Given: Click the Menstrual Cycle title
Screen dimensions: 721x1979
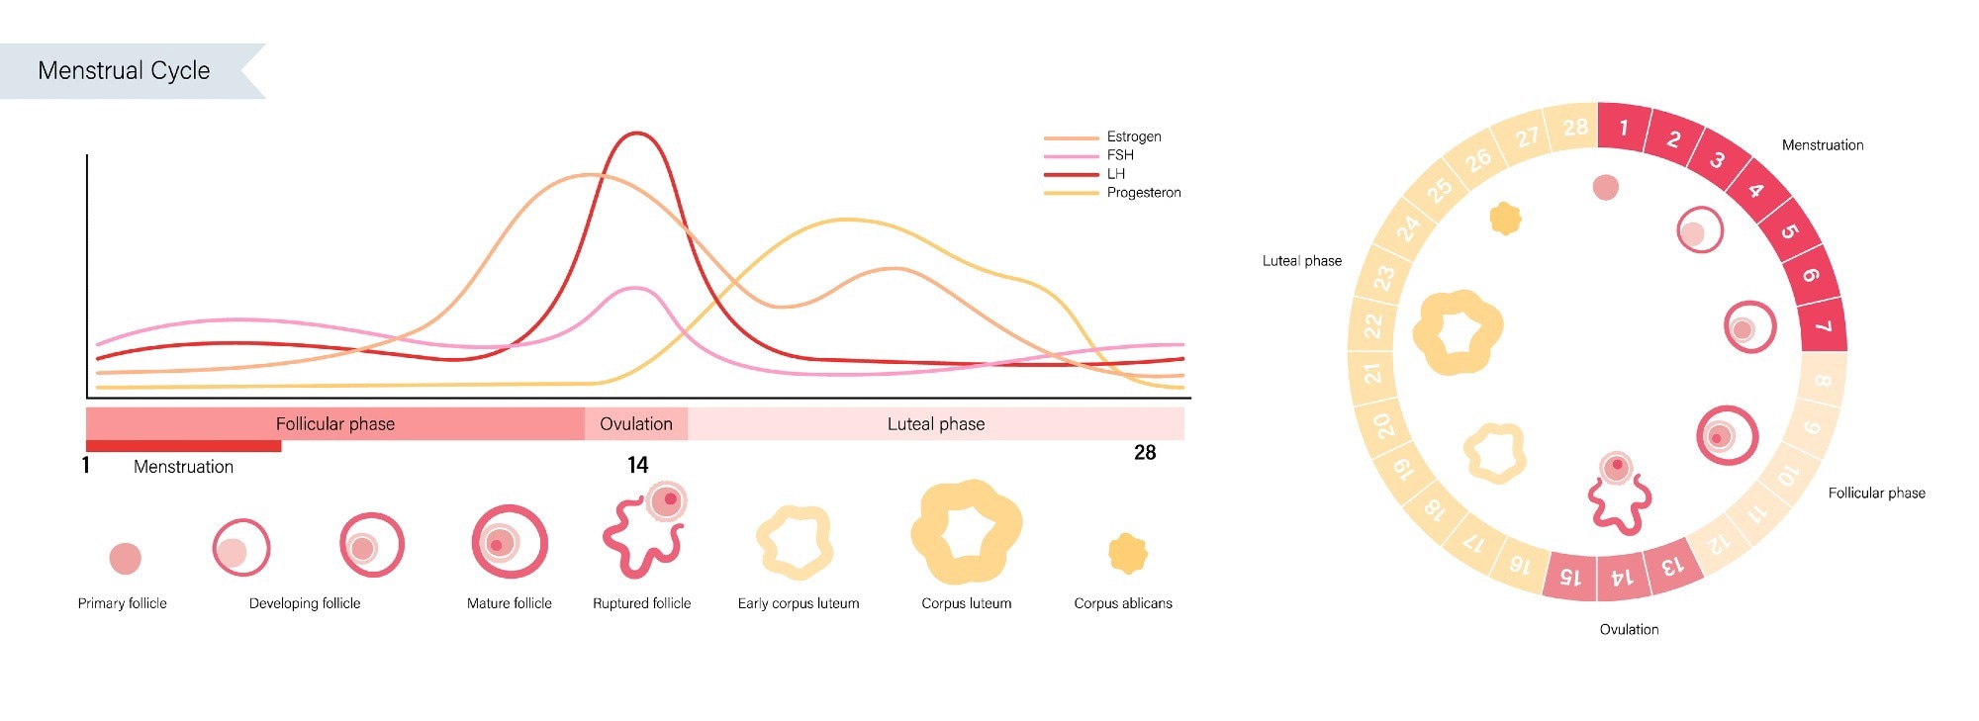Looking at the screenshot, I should [x=124, y=71].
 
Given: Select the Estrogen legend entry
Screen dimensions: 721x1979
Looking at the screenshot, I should [x=1133, y=136].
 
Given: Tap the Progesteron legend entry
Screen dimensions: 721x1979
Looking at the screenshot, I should [x=1143, y=193].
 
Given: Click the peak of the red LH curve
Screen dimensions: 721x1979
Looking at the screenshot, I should [x=636, y=134].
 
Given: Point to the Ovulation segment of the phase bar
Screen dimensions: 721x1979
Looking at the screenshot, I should [x=636, y=424].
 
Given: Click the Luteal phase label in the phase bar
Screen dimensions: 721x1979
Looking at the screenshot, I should [x=935, y=424].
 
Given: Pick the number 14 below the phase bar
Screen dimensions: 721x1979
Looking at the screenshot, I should [x=638, y=465].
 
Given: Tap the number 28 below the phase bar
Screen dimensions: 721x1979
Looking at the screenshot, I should [x=1145, y=453].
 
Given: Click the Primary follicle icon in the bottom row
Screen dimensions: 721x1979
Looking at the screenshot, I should [x=125, y=558].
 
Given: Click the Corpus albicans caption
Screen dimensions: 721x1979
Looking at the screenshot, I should [x=1123, y=603].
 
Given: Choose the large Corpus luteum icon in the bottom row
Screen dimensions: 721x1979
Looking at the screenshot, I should [x=966, y=532].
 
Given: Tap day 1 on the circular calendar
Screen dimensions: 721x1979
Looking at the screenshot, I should [x=1623, y=128].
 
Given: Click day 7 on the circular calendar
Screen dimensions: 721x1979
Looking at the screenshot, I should [x=1823, y=327].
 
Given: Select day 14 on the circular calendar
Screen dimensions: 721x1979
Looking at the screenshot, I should [x=1622, y=577].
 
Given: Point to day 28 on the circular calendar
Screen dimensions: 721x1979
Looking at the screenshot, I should [x=1575, y=128].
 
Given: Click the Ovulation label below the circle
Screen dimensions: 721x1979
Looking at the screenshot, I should [x=1629, y=629].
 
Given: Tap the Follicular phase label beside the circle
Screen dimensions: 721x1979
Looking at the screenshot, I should [x=1876, y=493].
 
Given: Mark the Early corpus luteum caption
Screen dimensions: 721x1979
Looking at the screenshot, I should [x=799, y=603].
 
